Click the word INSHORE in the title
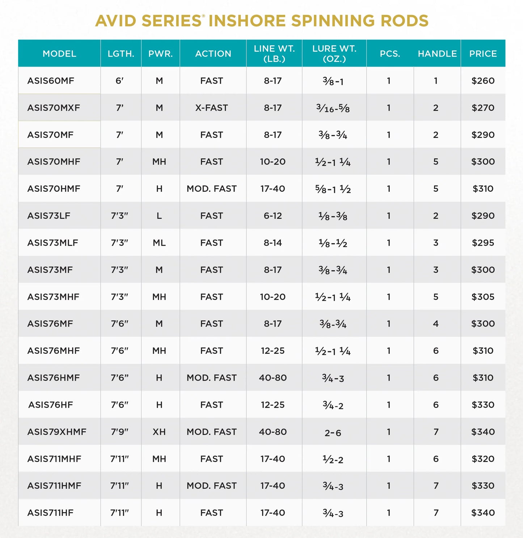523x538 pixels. [x=249, y=21]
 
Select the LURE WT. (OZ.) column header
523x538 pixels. [x=334, y=54]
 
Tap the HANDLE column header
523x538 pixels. [x=437, y=54]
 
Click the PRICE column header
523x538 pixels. [x=483, y=54]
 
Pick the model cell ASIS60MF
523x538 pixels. [x=51, y=81]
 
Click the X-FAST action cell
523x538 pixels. [x=211, y=108]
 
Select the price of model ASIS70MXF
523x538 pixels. [x=483, y=108]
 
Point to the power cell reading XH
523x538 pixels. [x=159, y=432]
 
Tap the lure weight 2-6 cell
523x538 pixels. [x=333, y=432]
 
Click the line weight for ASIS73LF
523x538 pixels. [x=273, y=216]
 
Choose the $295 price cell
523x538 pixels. [x=483, y=243]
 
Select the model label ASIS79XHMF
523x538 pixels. [x=57, y=432]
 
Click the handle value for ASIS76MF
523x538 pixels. [x=436, y=323]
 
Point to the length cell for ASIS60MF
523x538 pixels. [x=119, y=81]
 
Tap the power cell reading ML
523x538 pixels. [x=159, y=243]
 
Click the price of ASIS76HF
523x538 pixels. [x=483, y=404]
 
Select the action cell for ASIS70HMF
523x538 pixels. [x=211, y=188]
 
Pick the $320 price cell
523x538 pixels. [x=483, y=459]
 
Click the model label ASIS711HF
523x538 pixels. [x=50, y=513]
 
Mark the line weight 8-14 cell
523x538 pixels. [x=273, y=243]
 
